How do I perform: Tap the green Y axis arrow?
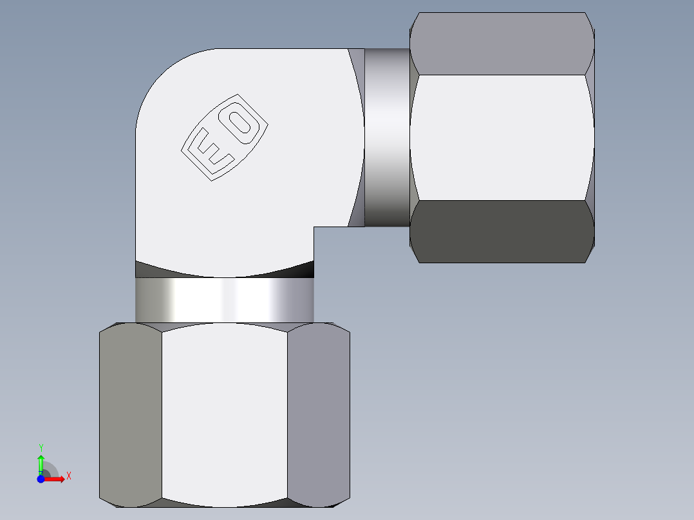41,463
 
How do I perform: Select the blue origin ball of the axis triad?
41,479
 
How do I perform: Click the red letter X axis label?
68,476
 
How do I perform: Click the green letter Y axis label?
41,447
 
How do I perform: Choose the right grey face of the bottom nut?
318,415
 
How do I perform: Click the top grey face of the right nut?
501,44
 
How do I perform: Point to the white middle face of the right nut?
501,137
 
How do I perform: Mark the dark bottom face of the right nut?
501,232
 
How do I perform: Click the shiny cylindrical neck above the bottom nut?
224,300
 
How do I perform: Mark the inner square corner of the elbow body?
314,227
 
